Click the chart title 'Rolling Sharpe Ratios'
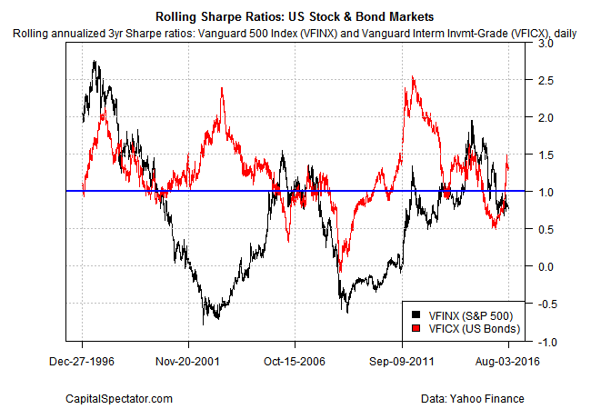(295, 16)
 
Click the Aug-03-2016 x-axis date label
(508, 360)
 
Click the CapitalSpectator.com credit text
(120, 397)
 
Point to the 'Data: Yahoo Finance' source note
(474, 397)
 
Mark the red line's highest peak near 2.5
(414, 78)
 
